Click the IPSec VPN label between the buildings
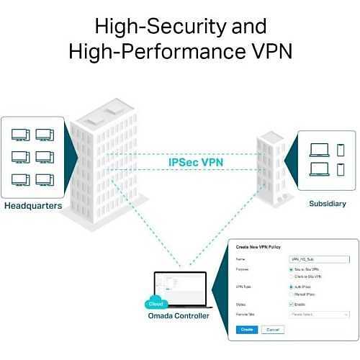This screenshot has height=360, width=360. pyautogui.click(x=196, y=162)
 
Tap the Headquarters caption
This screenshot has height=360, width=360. pyautogui.click(x=33, y=206)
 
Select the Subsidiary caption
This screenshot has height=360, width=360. pyautogui.click(x=327, y=203)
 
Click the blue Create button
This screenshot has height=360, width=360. pyautogui.click(x=246, y=329)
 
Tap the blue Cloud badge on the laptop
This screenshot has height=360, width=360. pyautogui.click(x=155, y=303)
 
